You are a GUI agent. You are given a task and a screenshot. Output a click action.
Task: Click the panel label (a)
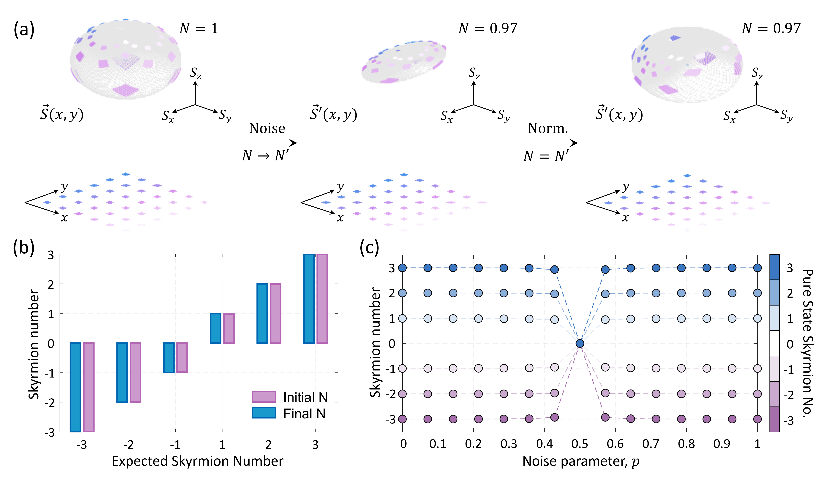pos(24,30)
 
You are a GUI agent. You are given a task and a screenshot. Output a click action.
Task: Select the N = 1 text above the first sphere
pos(198,29)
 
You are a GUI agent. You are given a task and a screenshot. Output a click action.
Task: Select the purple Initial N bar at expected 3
pos(322,299)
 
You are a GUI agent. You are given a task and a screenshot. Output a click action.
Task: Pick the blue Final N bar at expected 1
pos(215,328)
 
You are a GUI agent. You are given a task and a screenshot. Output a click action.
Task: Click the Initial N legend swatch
pos(264,397)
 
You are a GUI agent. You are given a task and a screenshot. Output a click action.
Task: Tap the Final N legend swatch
pos(264,412)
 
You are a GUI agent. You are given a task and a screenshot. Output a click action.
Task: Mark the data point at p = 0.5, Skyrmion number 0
pos(580,344)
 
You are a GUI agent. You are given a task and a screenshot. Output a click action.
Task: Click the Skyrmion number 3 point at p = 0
pos(402,268)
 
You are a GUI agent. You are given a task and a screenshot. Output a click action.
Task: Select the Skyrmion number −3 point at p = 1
pos(757,419)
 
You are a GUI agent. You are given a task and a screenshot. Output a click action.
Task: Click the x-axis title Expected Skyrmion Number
pos(198,461)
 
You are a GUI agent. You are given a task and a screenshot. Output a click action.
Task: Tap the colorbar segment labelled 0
pos(774,344)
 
